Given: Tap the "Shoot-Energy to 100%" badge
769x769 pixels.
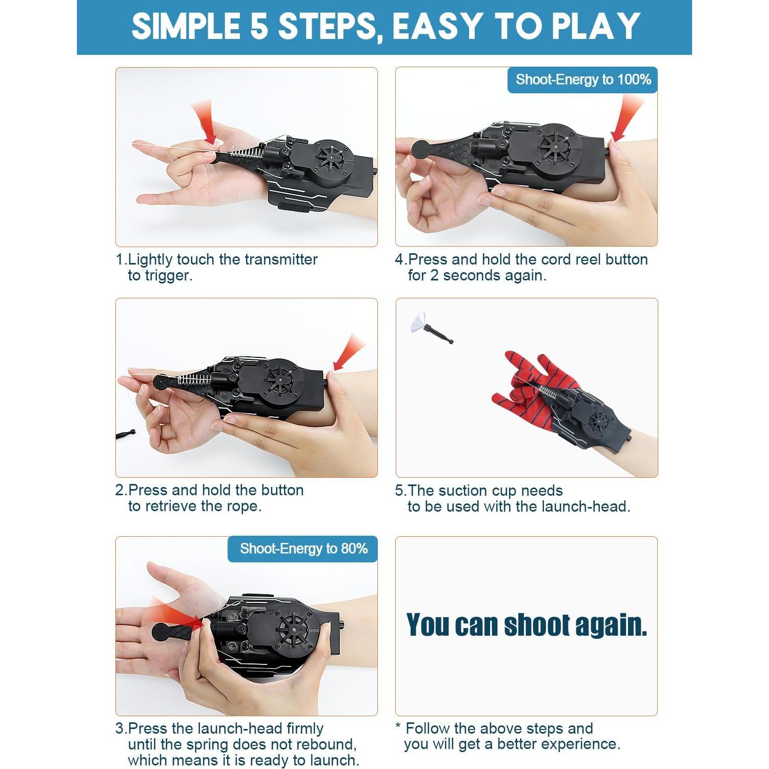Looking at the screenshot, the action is click(582, 79).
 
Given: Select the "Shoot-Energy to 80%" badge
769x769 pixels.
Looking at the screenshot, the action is click(303, 549).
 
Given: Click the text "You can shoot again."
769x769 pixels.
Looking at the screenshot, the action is click(527, 625).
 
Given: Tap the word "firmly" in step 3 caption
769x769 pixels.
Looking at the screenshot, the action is click(305, 728).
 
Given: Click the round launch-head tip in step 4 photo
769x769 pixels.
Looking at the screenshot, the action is click(421, 149).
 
